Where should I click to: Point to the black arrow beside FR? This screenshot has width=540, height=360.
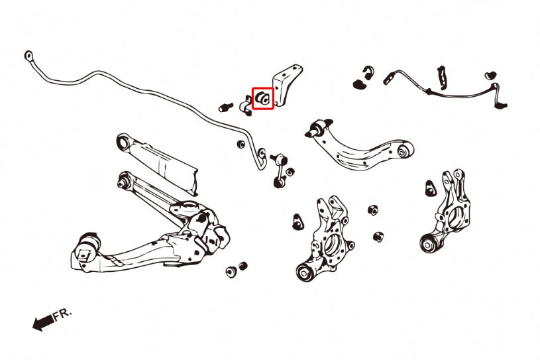pyautogui.click(x=43, y=323)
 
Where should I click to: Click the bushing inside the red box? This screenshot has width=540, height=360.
pyautogui.click(x=262, y=97)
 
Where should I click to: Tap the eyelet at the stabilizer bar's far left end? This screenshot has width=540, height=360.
pyautogui.click(x=28, y=56)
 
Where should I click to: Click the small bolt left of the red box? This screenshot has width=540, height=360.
pyautogui.click(x=226, y=105)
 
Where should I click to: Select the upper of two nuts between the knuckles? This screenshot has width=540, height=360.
pyautogui.click(x=373, y=211)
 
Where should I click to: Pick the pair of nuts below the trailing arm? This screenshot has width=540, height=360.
pyautogui.click(x=236, y=269)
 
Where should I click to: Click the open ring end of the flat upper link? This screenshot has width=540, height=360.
pyautogui.click(x=122, y=141)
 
